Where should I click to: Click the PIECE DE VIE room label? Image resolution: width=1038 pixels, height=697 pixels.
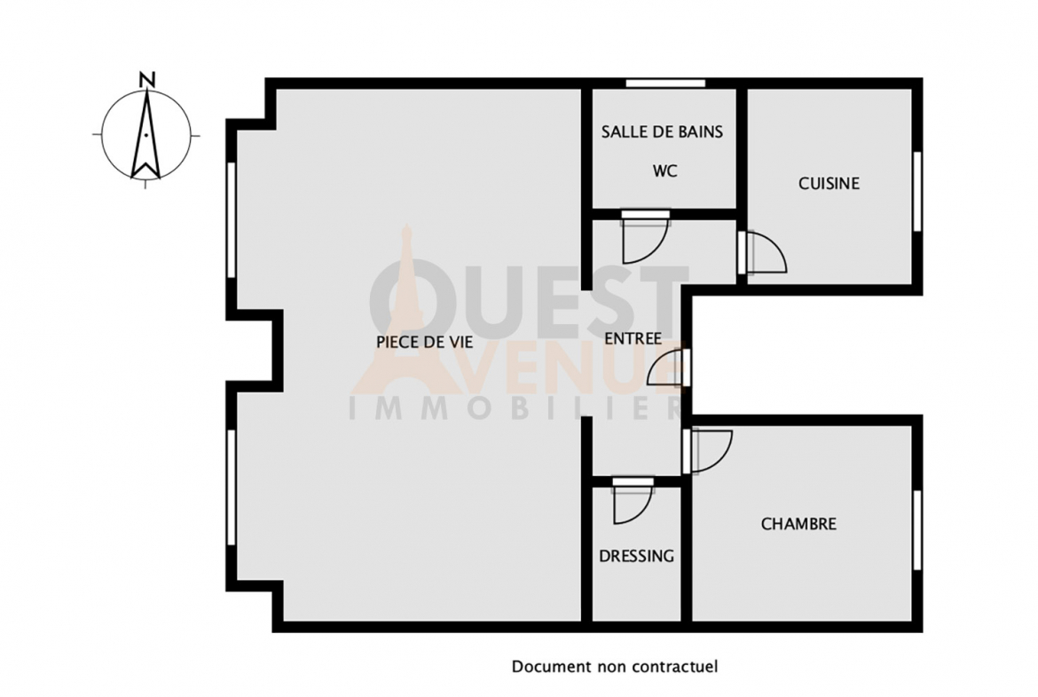click(424, 342)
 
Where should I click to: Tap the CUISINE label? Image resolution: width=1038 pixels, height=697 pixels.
click(829, 184)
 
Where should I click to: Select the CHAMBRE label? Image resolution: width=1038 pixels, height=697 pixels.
click(798, 524)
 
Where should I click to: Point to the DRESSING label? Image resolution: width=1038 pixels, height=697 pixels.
click(636, 556)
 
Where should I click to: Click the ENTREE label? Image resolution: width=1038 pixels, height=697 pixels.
click(633, 338)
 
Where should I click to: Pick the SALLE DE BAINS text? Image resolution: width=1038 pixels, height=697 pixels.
click(662, 131)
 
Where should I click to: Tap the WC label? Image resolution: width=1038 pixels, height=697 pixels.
click(664, 171)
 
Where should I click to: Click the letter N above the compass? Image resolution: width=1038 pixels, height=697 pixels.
click(147, 80)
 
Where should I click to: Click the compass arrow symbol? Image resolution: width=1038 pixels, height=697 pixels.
click(145, 134)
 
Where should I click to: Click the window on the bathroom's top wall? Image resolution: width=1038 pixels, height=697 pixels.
click(665, 83)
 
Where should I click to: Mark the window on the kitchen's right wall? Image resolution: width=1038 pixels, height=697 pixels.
click(917, 192)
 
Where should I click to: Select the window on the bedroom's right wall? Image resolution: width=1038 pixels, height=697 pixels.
click(917, 530)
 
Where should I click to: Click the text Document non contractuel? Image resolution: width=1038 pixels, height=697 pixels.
click(614, 667)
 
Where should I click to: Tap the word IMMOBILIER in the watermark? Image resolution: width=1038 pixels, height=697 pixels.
click(515, 408)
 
